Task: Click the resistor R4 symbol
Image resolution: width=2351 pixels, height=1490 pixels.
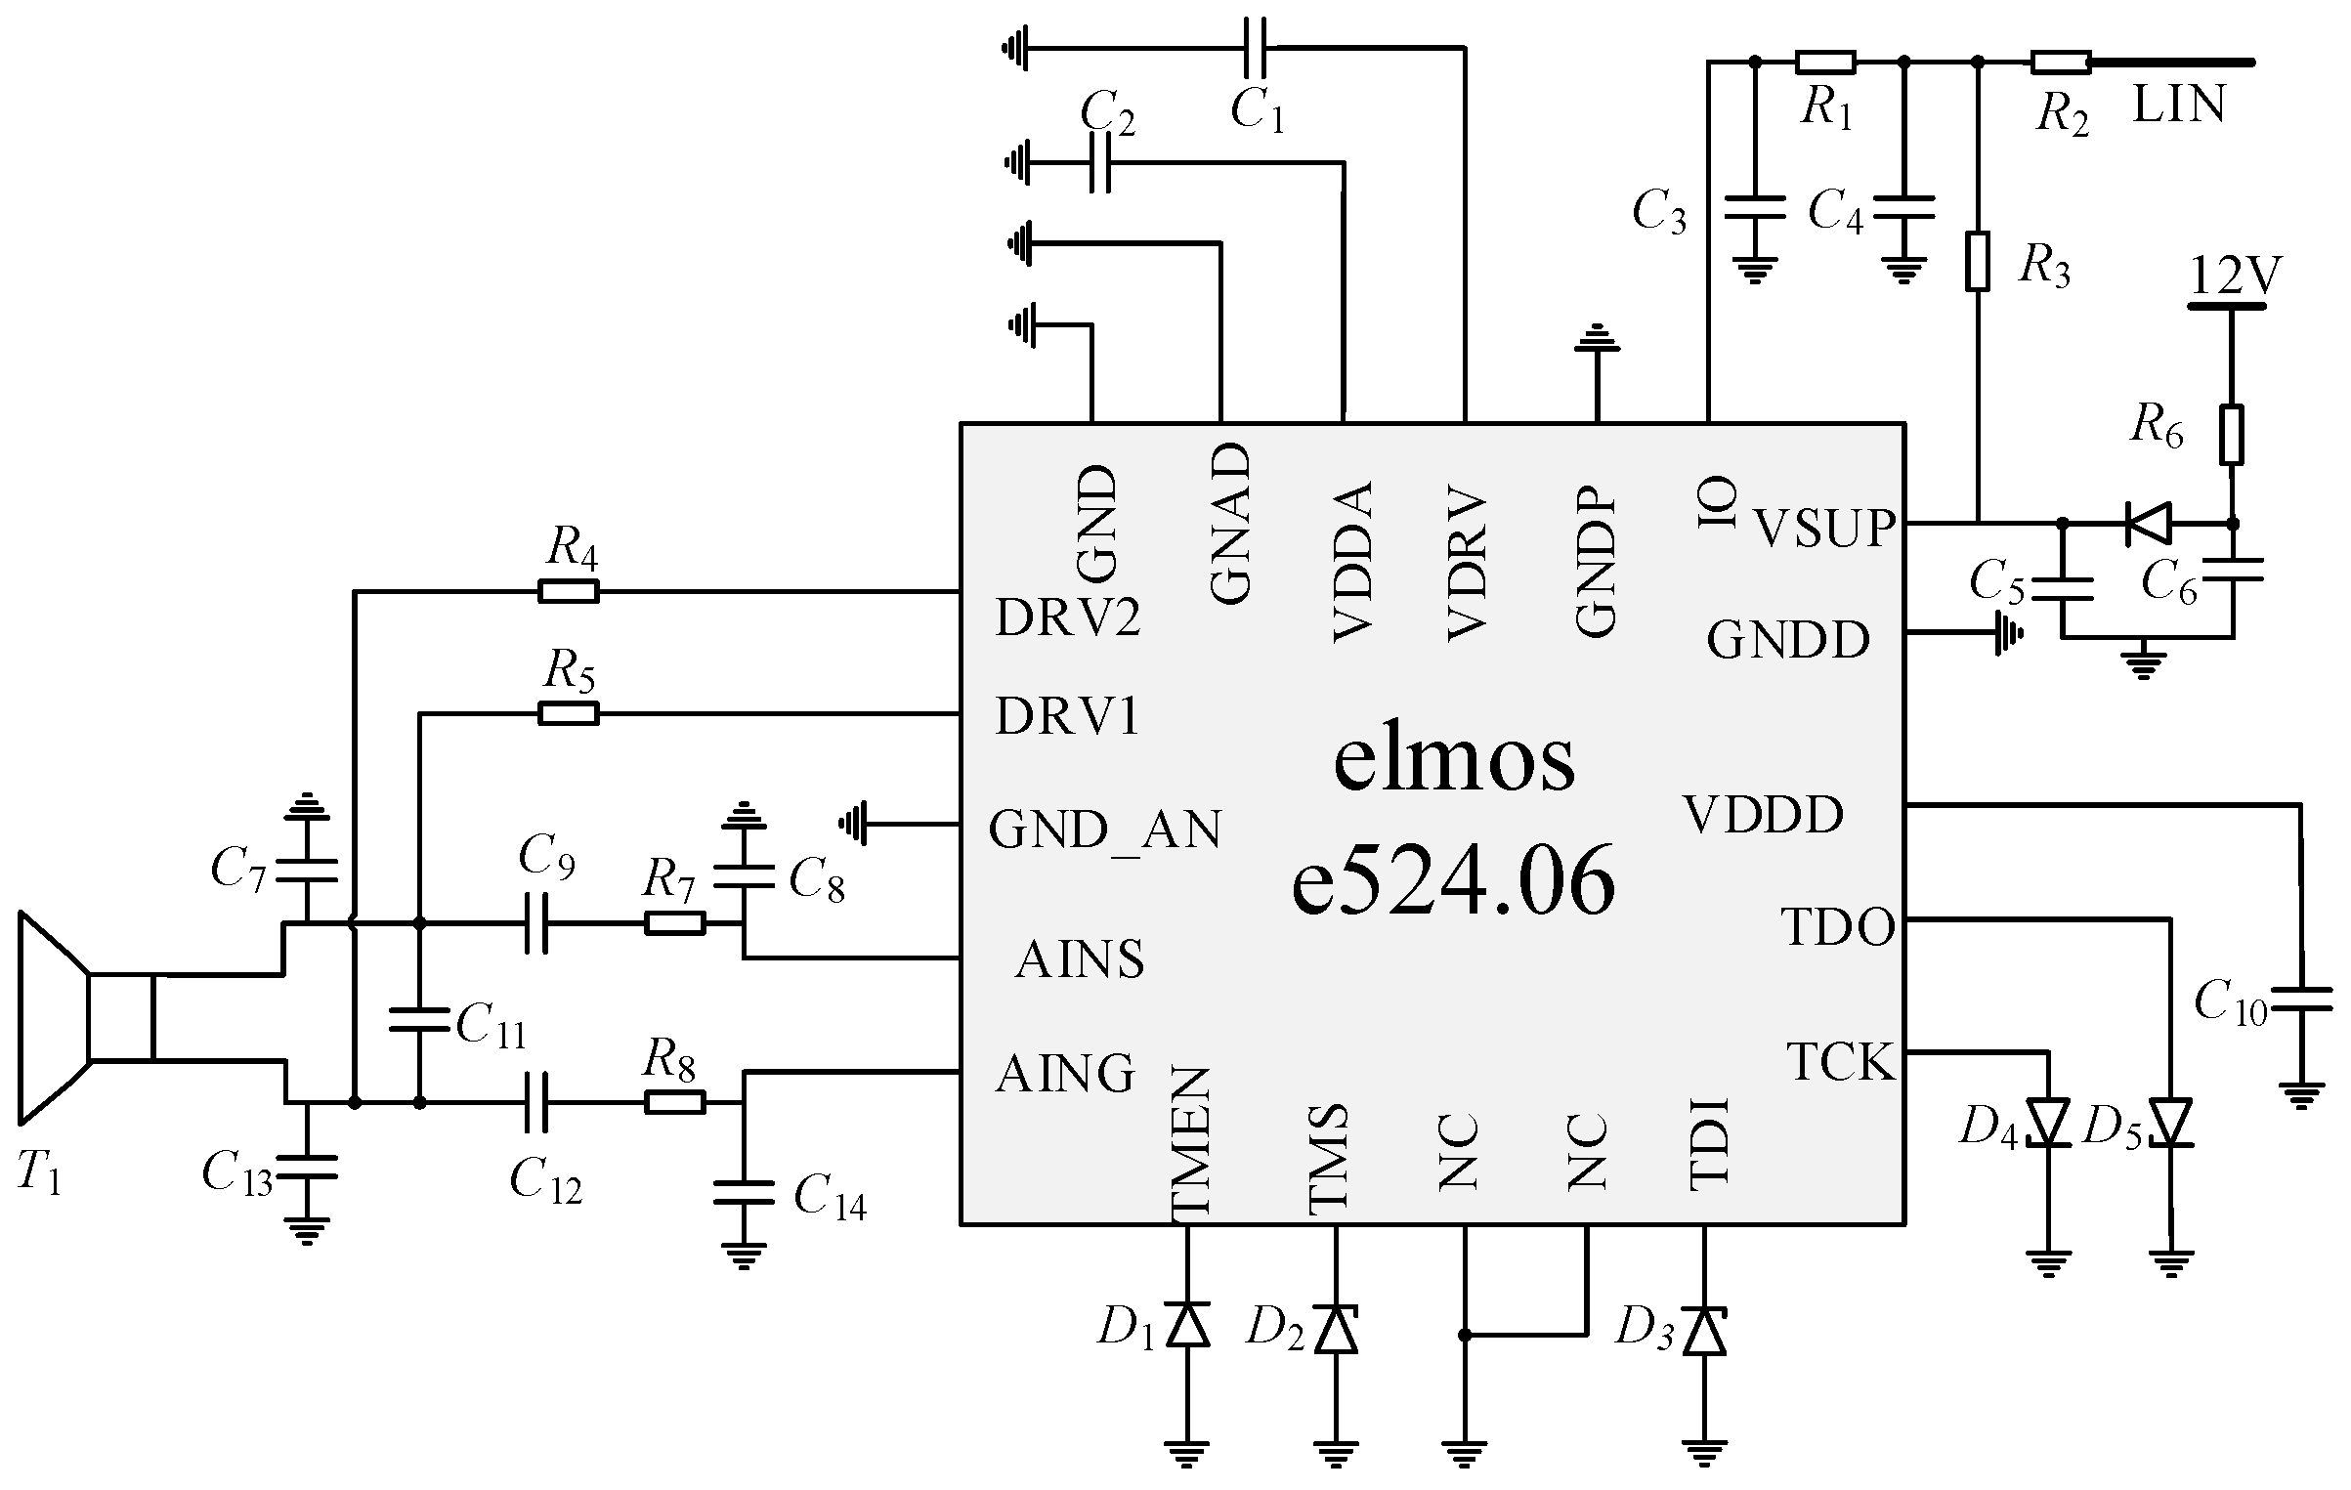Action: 568,591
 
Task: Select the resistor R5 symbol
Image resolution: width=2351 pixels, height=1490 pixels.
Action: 568,715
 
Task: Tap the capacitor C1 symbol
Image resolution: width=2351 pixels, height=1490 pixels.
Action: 1257,47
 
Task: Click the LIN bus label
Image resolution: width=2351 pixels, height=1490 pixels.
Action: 2178,106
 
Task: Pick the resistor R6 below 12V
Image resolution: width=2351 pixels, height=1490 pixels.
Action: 2232,434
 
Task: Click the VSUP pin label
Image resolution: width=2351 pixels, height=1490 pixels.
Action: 1824,528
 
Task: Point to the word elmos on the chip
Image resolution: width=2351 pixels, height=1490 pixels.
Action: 1454,760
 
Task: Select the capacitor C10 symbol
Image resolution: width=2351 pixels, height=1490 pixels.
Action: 2301,1000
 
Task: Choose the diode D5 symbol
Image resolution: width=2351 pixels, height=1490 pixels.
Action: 2170,1123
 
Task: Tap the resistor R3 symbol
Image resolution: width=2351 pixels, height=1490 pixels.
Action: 1978,261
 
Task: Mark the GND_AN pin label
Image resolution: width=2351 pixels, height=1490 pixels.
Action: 1104,830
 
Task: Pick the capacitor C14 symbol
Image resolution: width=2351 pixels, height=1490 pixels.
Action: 744,1193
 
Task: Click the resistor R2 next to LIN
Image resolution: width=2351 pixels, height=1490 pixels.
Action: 2061,63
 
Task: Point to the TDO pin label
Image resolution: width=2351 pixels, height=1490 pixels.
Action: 1838,927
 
